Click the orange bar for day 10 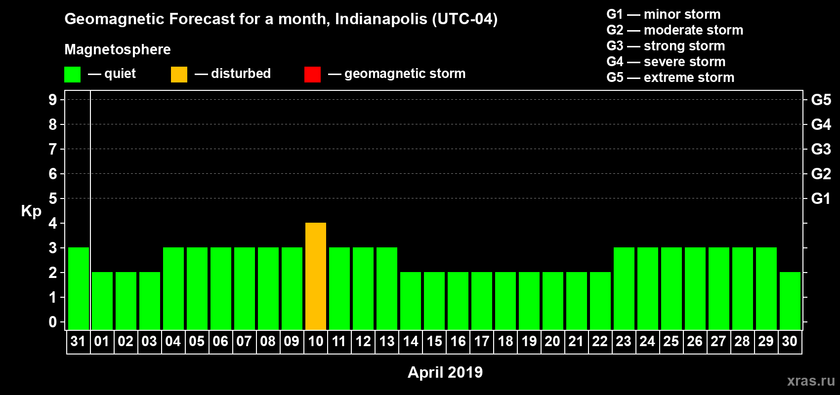pos(316,276)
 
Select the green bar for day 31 pos(79,288)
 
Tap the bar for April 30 pos(790,301)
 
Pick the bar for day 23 pos(624,288)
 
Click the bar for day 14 pos(411,301)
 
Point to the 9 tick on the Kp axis pos(53,100)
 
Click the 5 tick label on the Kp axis pos(53,198)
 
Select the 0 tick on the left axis pos(53,322)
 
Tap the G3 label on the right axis pos(821,149)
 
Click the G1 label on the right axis pos(821,198)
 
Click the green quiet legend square pos(73,75)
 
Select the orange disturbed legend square pos(179,75)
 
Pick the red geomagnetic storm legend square pos(312,75)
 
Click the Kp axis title pos(31,211)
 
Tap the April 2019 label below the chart pos(445,372)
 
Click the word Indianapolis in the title pos(381,19)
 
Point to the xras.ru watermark pos(811,381)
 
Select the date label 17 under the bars pos(482,342)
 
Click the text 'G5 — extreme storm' pos(670,78)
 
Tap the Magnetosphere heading pos(118,50)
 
